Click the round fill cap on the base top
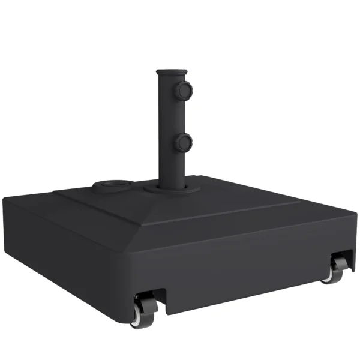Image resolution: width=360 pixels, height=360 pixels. pyautogui.click(x=110, y=183)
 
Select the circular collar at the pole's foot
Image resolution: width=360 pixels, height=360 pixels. pyautogui.click(x=170, y=188)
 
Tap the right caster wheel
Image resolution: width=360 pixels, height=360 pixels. pyautogui.click(x=335, y=269)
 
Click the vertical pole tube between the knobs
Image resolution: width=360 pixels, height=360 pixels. pyautogui.click(x=169, y=117)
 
